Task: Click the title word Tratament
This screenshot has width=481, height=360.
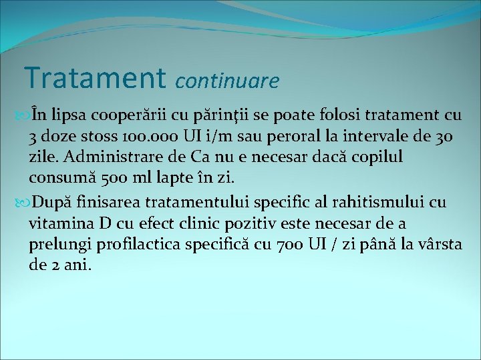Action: point(96,77)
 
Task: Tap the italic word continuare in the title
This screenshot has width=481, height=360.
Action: point(227,81)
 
